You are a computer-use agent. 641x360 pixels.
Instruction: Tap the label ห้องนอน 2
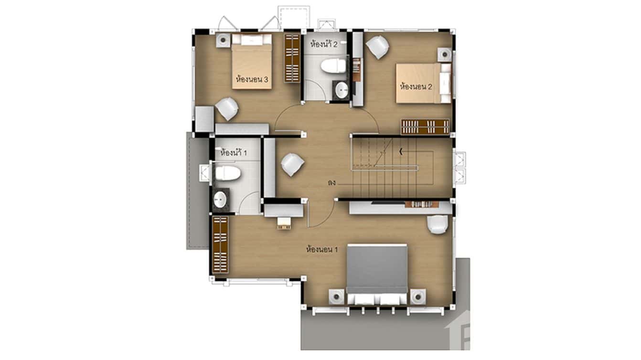416,87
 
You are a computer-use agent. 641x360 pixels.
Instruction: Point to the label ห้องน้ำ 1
234,154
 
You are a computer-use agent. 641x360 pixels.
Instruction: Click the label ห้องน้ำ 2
324,44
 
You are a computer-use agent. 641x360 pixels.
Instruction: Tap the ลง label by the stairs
331,182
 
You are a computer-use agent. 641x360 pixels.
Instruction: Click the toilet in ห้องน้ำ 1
226,173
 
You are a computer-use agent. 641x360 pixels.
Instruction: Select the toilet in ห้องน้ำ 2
333,66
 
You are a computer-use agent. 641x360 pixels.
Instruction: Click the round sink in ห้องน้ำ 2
342,89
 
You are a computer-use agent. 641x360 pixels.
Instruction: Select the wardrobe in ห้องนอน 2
425,127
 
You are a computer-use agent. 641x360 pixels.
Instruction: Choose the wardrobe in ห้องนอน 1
220,244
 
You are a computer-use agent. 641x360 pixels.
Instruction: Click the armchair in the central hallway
292,165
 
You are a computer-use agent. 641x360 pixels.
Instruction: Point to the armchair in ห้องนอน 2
378,47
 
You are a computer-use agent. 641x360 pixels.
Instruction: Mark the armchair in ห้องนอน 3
227,109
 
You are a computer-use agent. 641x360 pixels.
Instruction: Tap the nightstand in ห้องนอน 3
223,40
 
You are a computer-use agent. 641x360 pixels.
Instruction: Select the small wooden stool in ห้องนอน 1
284,222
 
